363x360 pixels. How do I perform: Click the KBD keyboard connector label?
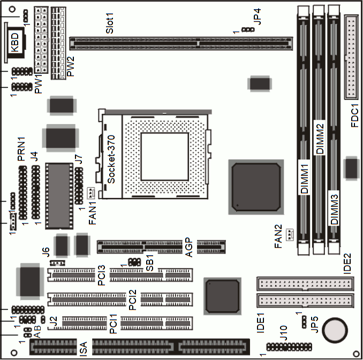[15, 43]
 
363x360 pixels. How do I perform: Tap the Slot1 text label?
[110, 23]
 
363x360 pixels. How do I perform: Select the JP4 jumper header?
[248, 29]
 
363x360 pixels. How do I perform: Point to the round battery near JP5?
[335, 331]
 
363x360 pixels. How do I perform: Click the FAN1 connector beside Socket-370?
[91, 194]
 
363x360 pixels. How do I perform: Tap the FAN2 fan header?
[290, 235]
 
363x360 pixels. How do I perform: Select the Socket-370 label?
[111, 159]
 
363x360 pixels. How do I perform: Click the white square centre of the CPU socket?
[164, 157]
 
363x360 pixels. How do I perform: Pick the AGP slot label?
[189, 247]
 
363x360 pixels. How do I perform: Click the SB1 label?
[150, 262]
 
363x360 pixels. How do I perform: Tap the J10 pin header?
[289, 347]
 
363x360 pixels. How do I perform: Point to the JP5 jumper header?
[304, 322]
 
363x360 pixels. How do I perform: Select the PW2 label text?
[70, 66]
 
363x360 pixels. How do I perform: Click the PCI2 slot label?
[133, 300]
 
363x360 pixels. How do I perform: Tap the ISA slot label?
[83, 349]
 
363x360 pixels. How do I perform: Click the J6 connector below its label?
[57, 263]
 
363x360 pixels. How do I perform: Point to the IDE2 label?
[347, 264]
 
